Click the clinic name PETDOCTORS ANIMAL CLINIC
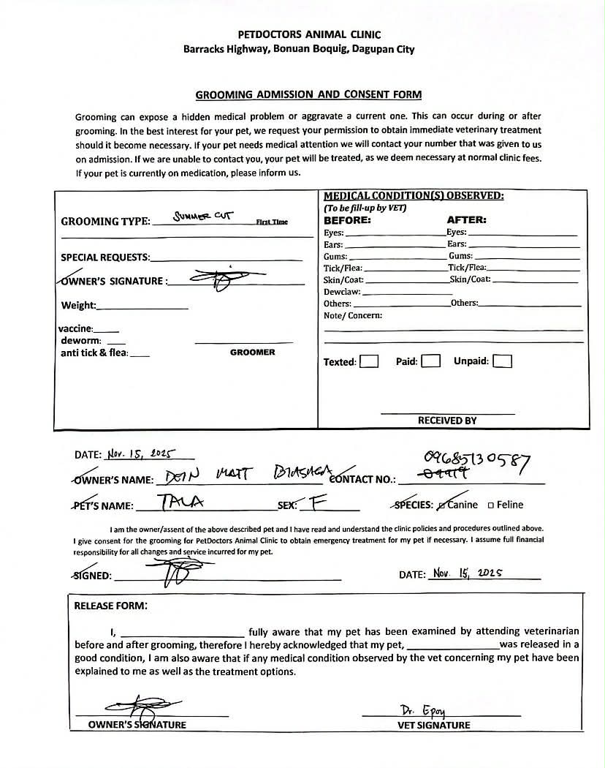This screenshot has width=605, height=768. coord(309,34)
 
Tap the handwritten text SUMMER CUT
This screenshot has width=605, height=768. coord(202,217)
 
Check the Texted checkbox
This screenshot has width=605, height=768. coord(370,361)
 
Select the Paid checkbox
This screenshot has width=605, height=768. coord(431,361)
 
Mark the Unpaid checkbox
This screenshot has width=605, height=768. coord(503,361)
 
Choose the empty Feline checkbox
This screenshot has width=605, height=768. coord(491,505)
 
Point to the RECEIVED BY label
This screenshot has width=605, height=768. coord(447,421)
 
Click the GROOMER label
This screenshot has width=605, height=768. coord(253,353)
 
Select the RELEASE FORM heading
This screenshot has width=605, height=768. coord(110,606)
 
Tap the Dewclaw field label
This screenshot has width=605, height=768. coord(337,292)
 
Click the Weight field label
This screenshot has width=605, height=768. coord(78,305)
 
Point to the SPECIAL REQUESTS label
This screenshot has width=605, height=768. coord(104,257)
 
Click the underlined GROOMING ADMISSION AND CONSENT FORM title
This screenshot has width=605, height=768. coord(308,95)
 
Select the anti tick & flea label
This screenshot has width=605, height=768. coord(94,353)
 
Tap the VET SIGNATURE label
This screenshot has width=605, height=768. coord(434,726)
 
